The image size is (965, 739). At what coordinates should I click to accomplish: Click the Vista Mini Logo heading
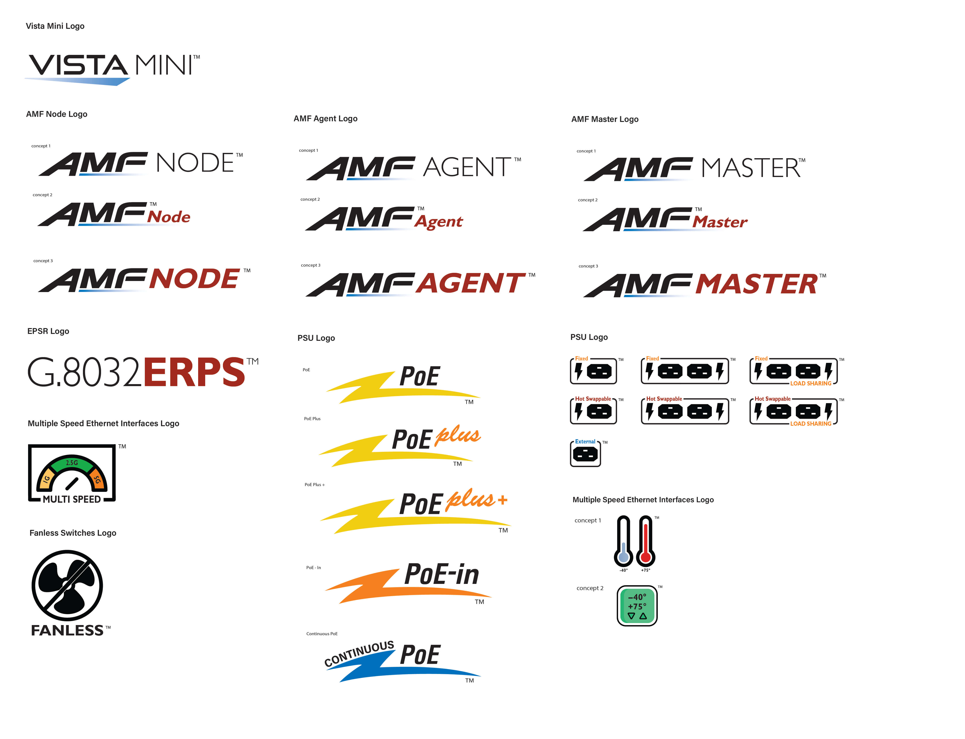(x=55, y=26)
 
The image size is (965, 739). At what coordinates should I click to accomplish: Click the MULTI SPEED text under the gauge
(x=72, y=499)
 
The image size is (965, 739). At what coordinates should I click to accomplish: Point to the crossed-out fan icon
(x=67, y=585)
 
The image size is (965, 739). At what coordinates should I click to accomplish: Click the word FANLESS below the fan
(x=67, y=630)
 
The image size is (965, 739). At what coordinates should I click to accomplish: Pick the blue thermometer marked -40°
(x=623, y=541)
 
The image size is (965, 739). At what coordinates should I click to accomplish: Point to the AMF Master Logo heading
(x=605, y=119)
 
